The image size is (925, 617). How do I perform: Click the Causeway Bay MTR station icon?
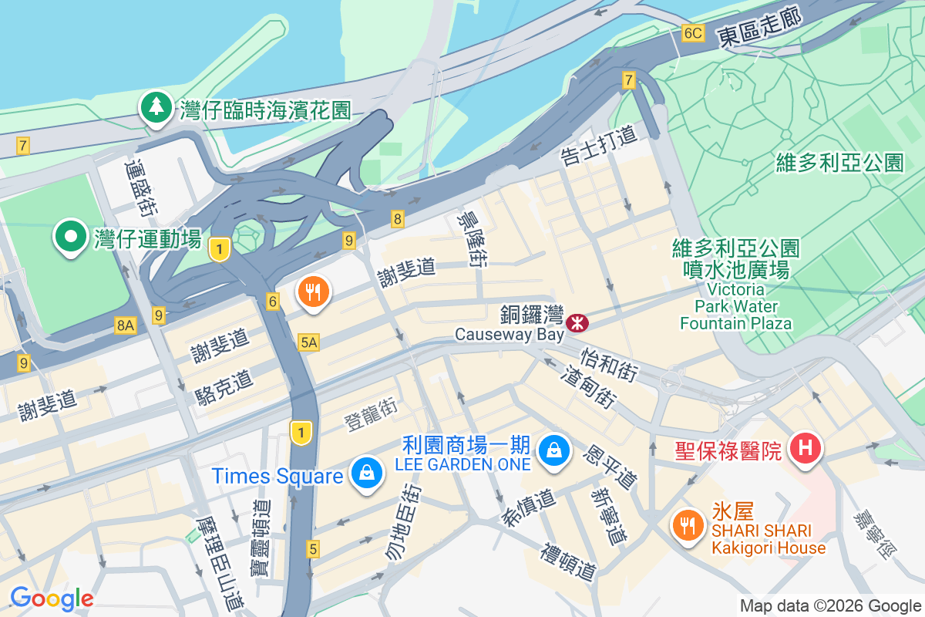pyautogui.click(x=576, y=322)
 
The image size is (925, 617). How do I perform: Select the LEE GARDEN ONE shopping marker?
pyautogui.click(x=553, y=449)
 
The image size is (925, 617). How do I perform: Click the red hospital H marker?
pyautogui.click(x=806, y=447)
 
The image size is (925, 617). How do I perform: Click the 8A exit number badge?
pyautogui.click(x=126, y=326)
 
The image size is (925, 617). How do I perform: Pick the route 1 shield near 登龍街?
pyautogui.click(x=301, y=433)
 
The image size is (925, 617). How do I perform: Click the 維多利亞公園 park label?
pyautogui.click(x=839, y=163)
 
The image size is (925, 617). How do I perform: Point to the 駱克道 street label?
pyautogui.click(x=224, y=388)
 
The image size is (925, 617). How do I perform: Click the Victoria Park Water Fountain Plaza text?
pyautogui.click(x=735, y=306)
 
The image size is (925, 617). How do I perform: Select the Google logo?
pyautogui.click(x=52, y=598)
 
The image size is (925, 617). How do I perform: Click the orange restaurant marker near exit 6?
pyautogui.click(x=313, y=293)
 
